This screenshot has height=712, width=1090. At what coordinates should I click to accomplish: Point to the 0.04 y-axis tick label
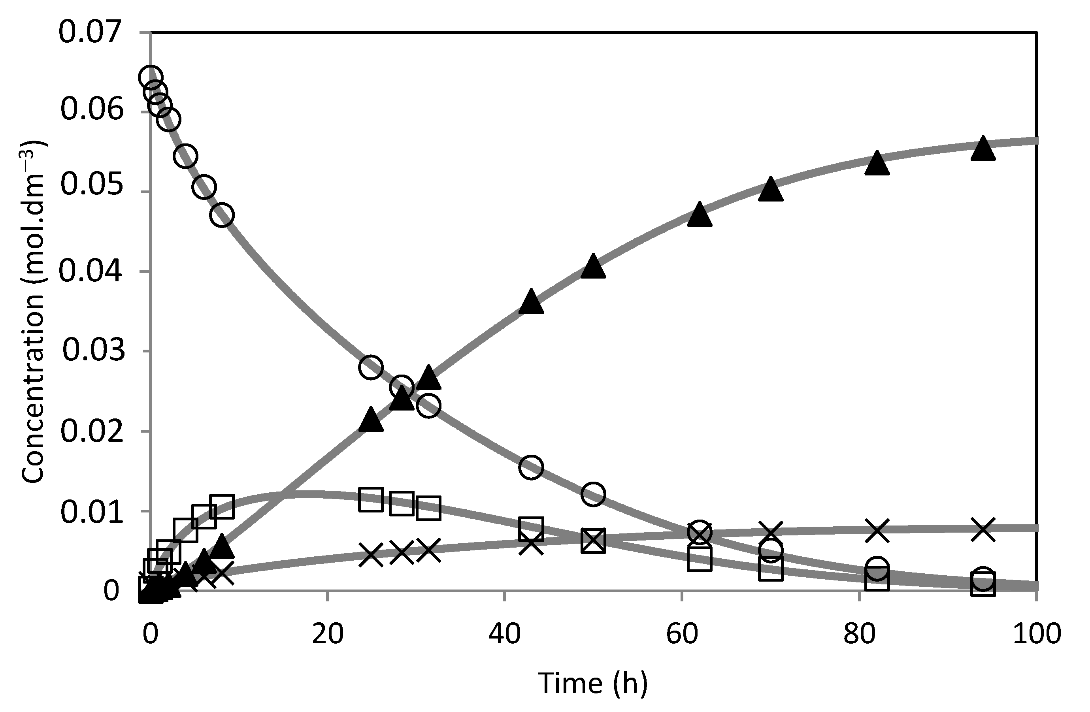pos(91,272)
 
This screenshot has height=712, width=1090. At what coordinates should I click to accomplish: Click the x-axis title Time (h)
pos(593,683)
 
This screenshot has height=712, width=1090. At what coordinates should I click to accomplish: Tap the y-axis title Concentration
pos(33,311)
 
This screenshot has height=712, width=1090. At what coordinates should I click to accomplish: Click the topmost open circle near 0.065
pos(150,77)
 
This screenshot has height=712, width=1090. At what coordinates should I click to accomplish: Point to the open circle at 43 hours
pos(531,467)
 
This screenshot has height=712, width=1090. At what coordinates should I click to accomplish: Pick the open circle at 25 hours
pos(371,367)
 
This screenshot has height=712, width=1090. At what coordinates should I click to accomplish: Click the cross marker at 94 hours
pos(983,530)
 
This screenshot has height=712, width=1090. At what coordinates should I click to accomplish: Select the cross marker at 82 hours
pos(877,531)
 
